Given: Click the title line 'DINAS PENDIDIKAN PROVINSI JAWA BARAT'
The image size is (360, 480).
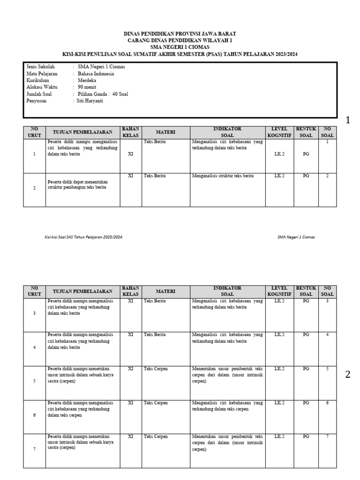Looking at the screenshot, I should [x=180, y=34].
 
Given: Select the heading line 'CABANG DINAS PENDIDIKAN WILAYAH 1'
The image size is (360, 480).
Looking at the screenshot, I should [x=180, y=41].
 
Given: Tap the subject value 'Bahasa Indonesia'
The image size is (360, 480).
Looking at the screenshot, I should [x=96, y=74].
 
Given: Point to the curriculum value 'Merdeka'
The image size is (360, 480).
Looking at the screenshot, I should [x=87, y=80].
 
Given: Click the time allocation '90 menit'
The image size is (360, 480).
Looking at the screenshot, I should [x=87, y=87].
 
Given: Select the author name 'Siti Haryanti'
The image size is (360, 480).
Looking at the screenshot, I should [x=91, y=100].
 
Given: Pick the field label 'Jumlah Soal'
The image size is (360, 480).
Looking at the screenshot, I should [x=39, y=94].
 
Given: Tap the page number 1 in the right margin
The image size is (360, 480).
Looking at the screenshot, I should [x=347, y=120].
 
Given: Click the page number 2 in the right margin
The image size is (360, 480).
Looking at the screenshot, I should [x=347, y=375].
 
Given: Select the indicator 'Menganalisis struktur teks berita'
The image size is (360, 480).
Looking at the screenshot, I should [x=223, y=176].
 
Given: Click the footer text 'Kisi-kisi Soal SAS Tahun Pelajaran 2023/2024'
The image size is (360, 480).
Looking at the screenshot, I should [x=83, y=237].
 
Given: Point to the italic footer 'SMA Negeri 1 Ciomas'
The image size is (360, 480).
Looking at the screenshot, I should [x=296, y=237].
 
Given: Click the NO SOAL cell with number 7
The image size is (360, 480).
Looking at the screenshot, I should [x=327, y=436].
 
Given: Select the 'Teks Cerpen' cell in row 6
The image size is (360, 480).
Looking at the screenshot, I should [x=156, y=403].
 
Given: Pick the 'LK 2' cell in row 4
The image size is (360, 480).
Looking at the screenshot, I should [x=279, y=335].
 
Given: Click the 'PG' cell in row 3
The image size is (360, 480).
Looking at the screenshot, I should [x=306, y=301].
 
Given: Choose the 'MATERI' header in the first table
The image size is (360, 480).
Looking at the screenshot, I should [x=165, y=133].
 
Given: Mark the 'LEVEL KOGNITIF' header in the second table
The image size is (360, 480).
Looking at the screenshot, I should [x=279, y=291].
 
